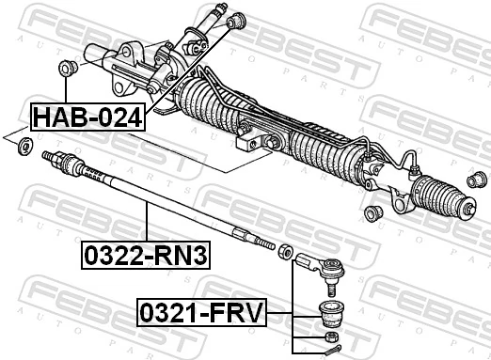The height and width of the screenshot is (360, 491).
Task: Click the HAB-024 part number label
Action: [x=88, y=117]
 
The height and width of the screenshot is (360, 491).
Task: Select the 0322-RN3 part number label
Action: [x=146, y=253]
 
